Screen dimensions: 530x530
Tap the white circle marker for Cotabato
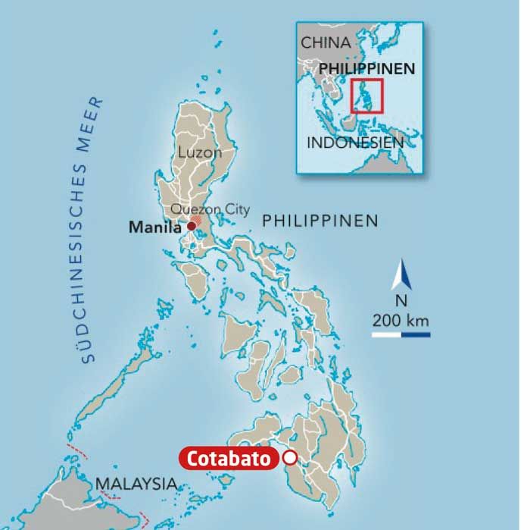(x=289, y=457)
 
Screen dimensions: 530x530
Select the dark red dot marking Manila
(x=191, y=226)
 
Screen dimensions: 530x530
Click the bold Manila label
(x=155, y=226)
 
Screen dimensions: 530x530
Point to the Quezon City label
(x=210, y=209)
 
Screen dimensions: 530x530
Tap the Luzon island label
(x=200, y=152)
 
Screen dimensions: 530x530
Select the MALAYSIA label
(x=136, y=483)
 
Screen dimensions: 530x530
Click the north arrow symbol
(x=401, y=275)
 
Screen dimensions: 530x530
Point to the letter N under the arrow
(x=401, y=301)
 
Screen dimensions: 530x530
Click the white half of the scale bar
(x=386, y=334)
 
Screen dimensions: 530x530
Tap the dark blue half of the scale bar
(x=416, y=334)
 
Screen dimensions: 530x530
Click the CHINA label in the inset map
(x=326, y=43)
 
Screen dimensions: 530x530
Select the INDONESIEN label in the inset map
(x=355, y=142)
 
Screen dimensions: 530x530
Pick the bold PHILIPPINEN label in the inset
(x=368, y=68)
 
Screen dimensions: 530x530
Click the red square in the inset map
(x=368, y=96)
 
